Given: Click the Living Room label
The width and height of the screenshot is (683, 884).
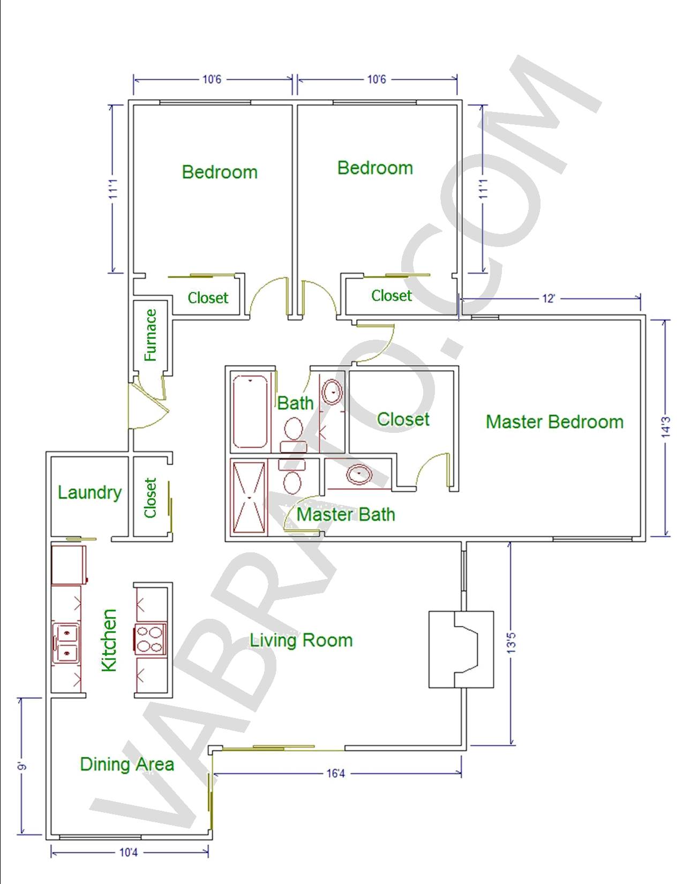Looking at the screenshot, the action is tap(301, 641).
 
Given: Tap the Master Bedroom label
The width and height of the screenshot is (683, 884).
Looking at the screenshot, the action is tap(554, 422).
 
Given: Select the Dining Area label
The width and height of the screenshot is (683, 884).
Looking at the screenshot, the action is tap(127, 764).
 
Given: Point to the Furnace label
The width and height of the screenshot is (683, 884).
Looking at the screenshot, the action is tap(151, 335).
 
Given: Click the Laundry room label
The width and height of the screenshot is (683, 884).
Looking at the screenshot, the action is tap(89, 493).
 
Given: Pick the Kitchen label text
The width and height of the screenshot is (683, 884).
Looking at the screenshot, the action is tap(109, 640).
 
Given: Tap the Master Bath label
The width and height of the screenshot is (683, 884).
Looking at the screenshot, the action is tap(346, 515).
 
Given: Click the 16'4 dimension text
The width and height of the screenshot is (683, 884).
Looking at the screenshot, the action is tap(335, 773).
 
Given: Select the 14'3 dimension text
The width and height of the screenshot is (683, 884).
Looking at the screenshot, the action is tap(665, 427).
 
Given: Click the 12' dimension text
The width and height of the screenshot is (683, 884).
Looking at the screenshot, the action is tap(549, 298).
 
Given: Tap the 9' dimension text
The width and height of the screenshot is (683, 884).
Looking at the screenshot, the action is tap(23, 767).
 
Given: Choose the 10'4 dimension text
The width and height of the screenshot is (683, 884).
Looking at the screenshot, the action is tap(129, 852).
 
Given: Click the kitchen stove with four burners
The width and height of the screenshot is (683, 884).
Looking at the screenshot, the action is tap(149, 639).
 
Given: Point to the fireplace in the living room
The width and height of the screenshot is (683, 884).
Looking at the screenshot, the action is tap(461, 650).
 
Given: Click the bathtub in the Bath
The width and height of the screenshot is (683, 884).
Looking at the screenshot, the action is tap(250, 411).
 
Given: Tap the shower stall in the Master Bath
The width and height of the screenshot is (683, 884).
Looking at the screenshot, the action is tap(249, 497).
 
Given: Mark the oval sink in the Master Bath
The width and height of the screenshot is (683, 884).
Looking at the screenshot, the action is tap(359, 474).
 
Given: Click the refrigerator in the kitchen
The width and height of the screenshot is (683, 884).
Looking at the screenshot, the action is tap(69, 565).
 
